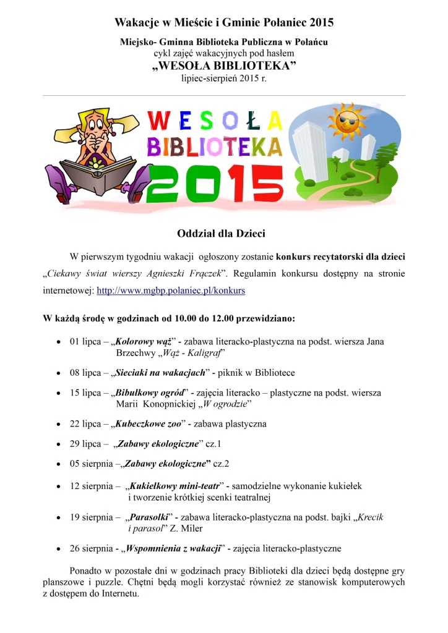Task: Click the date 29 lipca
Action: tap(86, 444)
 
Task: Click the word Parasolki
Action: tap(149, 517)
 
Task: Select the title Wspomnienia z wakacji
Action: tap(173, 548)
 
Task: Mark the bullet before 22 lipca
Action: tap(58, 424)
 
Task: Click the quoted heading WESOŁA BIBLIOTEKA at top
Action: tap(223, 67)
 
